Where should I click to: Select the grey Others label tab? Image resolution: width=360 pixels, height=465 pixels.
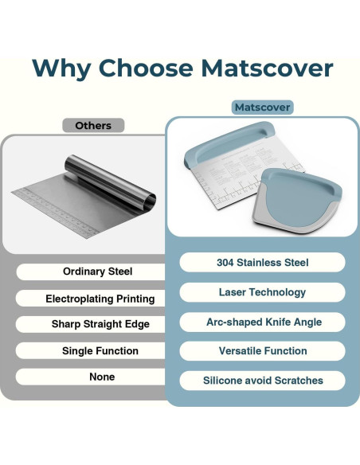coord(93,126)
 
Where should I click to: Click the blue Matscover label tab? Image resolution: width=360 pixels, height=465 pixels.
coord(262,107)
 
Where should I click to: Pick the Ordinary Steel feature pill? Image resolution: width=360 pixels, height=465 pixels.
coord(97,272)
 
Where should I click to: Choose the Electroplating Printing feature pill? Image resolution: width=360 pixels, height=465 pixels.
coord(100,299)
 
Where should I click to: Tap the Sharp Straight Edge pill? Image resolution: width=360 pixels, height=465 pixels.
coord(100,325)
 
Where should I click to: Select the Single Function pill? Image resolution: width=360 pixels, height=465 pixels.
coord(100,351)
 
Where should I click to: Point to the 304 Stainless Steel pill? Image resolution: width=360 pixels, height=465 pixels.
coord(262,263)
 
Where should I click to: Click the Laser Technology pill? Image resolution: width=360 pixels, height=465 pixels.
coord(262,292)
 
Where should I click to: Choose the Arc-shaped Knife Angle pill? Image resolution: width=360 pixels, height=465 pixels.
coord(262,322)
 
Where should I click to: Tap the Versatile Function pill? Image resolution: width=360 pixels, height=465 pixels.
coord(262,351)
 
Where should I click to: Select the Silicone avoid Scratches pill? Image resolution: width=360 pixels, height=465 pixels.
coord(262,381)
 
